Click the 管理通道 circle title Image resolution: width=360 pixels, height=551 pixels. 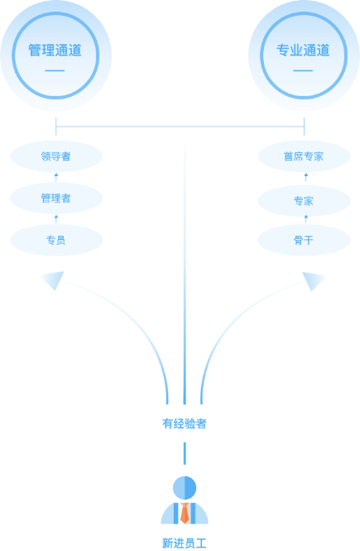[x=55, y=50]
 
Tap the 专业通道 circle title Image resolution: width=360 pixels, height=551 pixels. [x=303, y=50]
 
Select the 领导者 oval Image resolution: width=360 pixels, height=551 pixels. [x=56, y=156]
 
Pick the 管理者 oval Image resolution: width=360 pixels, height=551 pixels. [x=56, y=199]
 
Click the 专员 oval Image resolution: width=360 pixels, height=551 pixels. [x=56, y=240]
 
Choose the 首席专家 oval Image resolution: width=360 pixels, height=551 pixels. [x=304, y=156]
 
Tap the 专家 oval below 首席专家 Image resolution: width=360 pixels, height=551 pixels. [x=304, y=201]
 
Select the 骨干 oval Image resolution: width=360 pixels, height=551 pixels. [x=304, y=240]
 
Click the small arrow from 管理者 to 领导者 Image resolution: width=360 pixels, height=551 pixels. [x=56, y=177]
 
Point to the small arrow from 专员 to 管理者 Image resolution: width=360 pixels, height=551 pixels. [x=56, y=219]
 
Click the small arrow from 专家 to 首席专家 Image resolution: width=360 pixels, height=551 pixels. [x=306, y=177]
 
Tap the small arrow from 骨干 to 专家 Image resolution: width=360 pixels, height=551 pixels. [x=306, y=219]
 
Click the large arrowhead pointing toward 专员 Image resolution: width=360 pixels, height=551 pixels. [x=54, y=280]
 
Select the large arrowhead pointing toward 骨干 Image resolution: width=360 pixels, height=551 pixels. [x=313, y=280]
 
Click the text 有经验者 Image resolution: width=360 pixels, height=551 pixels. [x=185, y=424]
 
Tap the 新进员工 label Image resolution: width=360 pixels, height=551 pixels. [x=185, y=544]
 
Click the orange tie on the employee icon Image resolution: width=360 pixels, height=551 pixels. [x=185, y=513]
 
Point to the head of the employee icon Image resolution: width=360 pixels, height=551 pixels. [x=185, y=488]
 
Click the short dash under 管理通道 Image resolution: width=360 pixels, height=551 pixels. [x=55, y=70]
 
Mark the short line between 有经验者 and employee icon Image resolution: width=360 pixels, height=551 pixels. [x=185, y=453]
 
